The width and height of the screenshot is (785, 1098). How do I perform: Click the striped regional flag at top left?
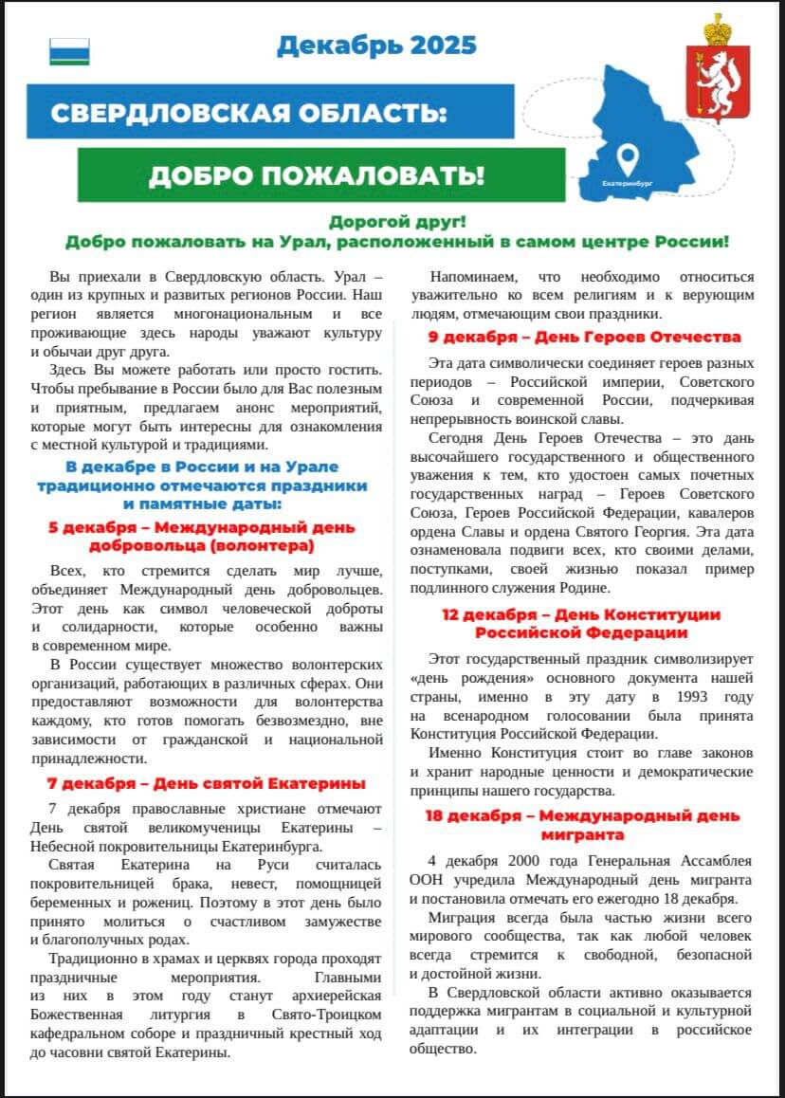(69, 51)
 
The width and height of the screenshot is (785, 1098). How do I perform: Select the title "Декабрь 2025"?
(376, 45)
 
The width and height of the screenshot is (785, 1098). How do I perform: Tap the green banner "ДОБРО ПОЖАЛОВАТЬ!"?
(316, 174)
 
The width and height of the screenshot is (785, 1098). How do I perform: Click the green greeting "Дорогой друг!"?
(397, 222)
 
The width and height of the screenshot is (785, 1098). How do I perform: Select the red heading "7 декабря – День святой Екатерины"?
(207, 784)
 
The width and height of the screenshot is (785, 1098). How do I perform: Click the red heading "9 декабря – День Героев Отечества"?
(584, 337)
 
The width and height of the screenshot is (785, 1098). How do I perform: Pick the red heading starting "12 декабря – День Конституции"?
(583, 623)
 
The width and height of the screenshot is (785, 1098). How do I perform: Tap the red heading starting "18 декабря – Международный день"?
(583, 825)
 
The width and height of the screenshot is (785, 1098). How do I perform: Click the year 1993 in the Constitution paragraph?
(689, 698)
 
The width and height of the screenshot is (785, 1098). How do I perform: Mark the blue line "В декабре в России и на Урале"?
(202, 467)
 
